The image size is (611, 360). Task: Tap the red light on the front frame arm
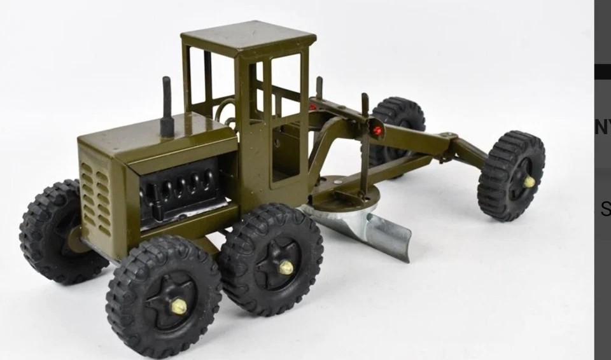[x=377, y=130]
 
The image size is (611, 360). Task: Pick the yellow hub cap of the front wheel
[x=529, y=182]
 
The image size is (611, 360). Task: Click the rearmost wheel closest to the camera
[x=164, y=295]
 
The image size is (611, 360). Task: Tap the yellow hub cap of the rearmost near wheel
[x=178, y=307]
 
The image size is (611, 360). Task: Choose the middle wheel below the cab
[x=270, y=258]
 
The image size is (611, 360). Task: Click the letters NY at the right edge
[x=602, y=127]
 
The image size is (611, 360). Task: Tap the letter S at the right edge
[x=605, y=209]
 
